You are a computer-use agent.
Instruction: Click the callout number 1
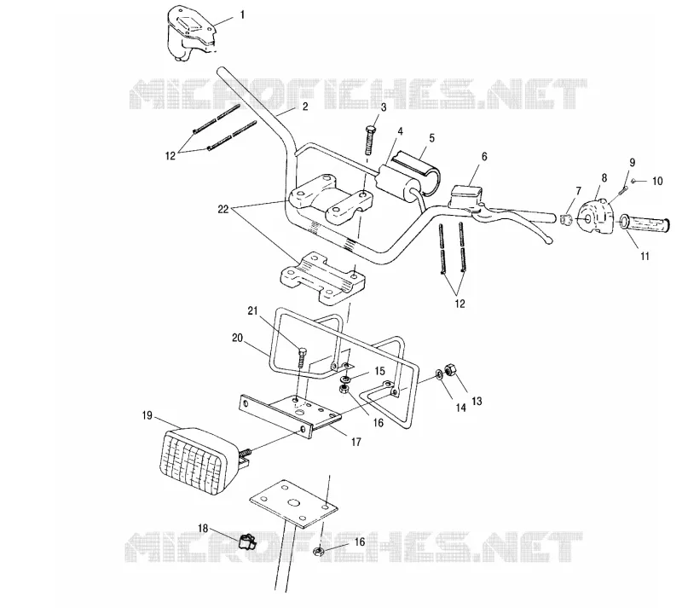click(242, 14)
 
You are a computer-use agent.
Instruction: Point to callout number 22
click(223, 209)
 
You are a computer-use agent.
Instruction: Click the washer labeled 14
click(439, 374)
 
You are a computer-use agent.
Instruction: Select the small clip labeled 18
click(246, 541)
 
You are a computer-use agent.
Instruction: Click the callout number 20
click(237, 338)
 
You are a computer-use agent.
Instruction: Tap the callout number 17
click(355, 442)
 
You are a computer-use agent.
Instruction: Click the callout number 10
click(657, 181)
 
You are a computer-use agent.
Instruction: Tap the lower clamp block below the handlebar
click(322, 279)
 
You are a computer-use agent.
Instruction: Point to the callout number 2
click(305, 107)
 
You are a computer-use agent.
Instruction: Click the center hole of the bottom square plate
click(294, 503)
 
